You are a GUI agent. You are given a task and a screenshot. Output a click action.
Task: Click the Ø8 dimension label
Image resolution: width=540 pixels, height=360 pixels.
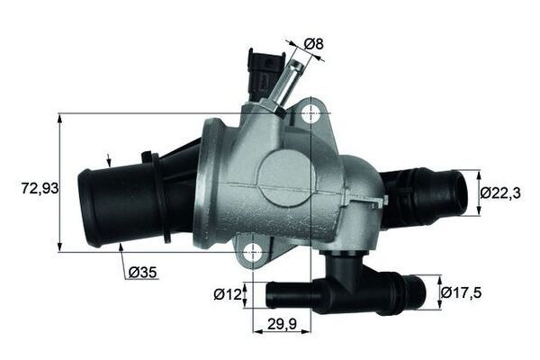click(314, 42)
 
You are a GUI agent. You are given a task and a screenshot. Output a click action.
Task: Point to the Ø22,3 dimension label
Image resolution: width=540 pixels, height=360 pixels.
click(499, 192)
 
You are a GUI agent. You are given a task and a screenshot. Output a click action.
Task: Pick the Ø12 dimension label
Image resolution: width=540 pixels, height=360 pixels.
click(227, 292)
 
